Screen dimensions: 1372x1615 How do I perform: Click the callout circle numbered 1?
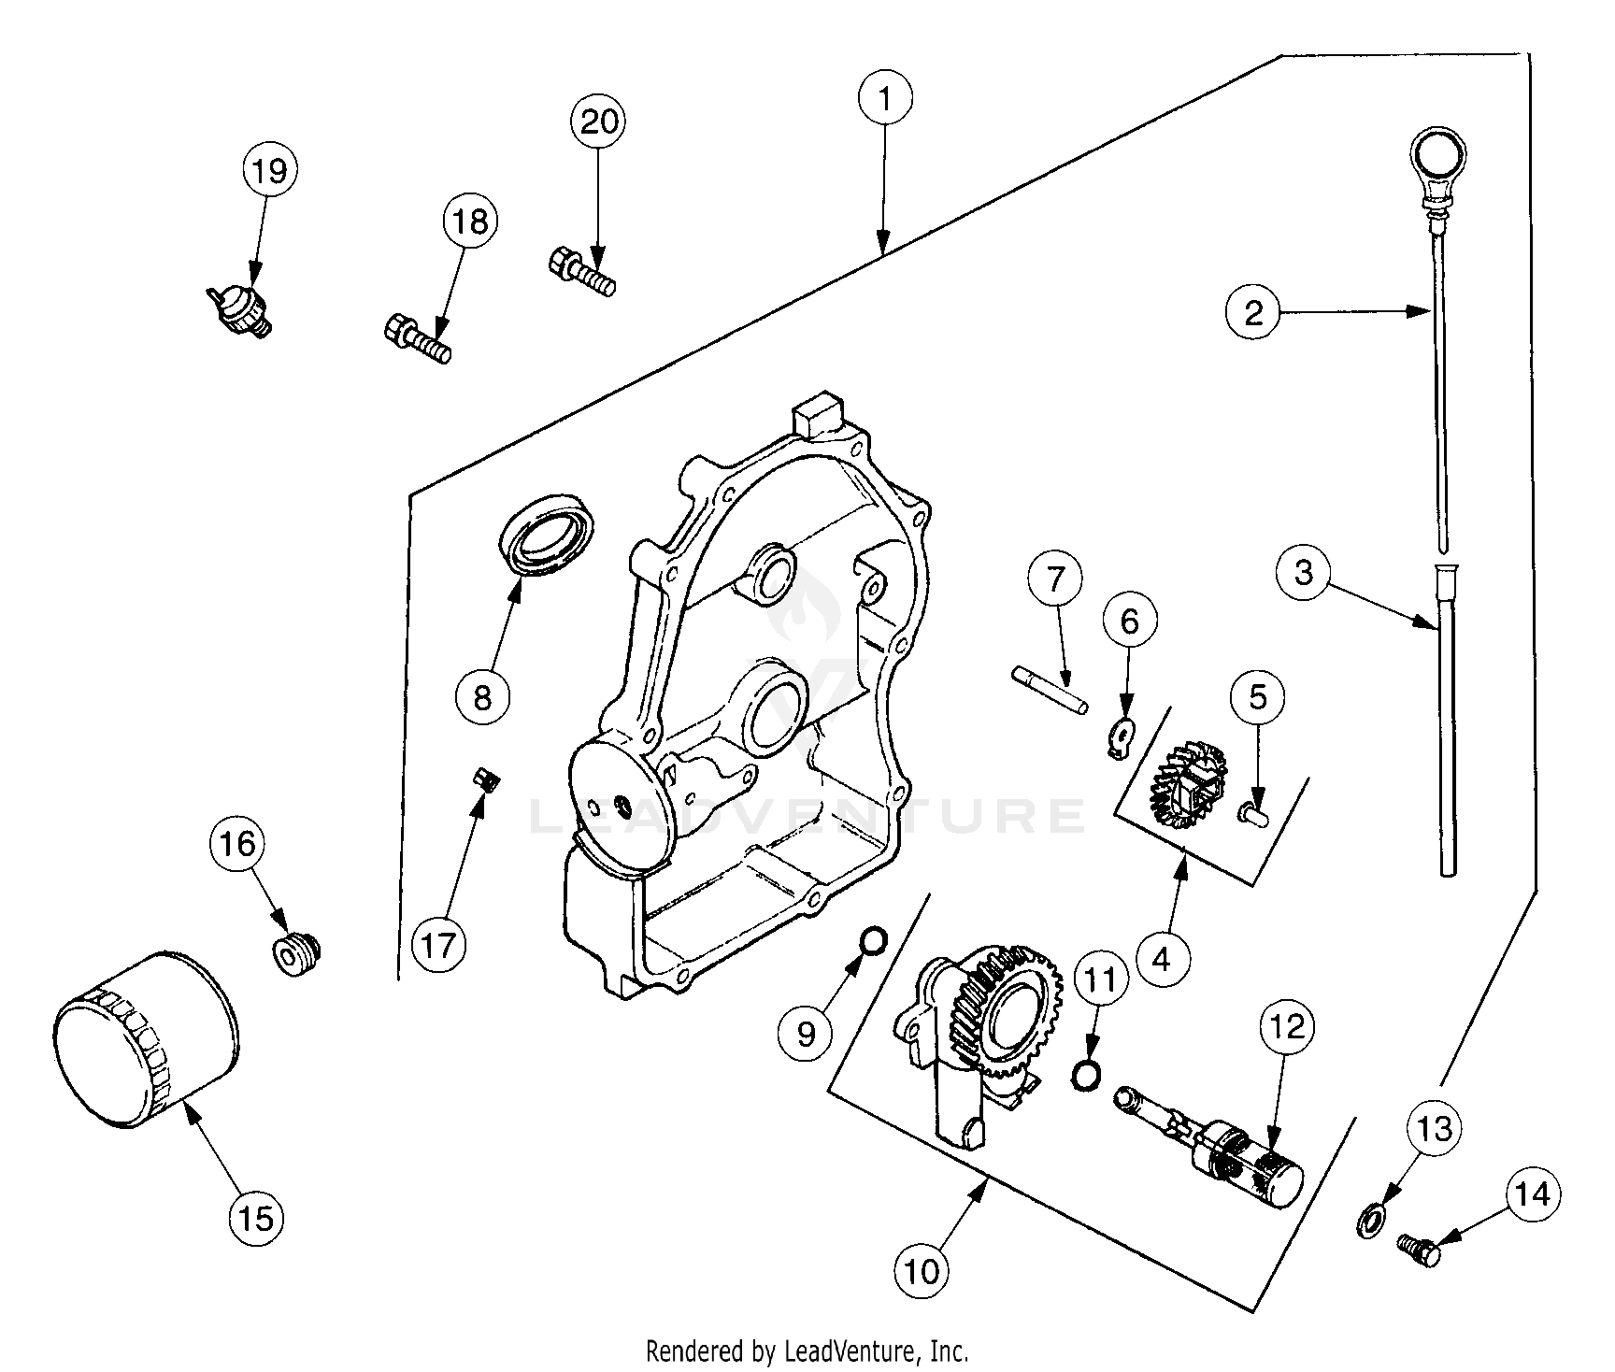pyautogui.click(x=885, y=97)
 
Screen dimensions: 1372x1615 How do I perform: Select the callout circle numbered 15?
pyautogui.click(x=256, y=1217)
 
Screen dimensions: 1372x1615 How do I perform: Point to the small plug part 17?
pyautogui.click(x=484, y=778)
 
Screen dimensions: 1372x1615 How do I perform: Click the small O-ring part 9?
pyautogui.click(x=873, y=939)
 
